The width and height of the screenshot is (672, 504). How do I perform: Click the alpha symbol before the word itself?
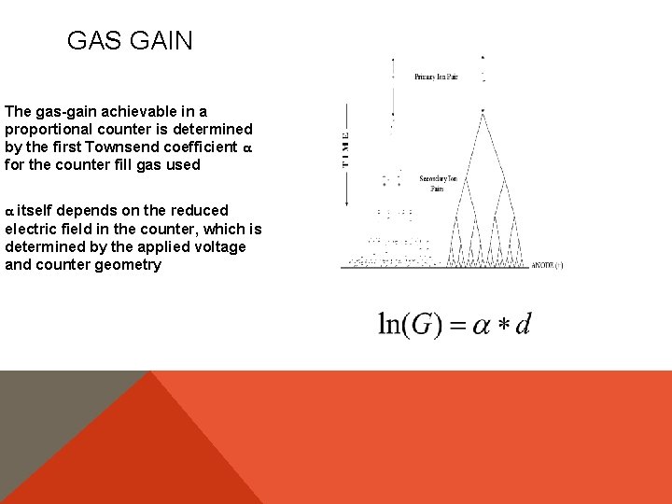[9, 211]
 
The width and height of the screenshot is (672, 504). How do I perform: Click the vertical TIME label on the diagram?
[346, 148]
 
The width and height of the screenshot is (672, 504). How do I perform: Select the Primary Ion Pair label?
[436, 77]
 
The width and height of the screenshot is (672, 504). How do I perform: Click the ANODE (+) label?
[546, 265]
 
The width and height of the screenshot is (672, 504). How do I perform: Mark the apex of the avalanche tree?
[483, 113]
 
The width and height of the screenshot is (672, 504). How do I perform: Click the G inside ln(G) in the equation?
[421, 324]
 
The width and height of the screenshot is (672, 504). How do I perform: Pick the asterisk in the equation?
[501, 325]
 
